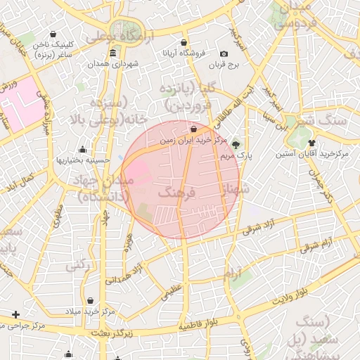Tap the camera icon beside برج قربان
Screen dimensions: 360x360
click(224, 54)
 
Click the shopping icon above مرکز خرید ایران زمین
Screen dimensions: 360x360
click(193, 129)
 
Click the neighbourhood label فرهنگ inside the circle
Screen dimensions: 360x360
click(175, 192)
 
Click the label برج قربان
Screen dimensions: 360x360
click(224, 65)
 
